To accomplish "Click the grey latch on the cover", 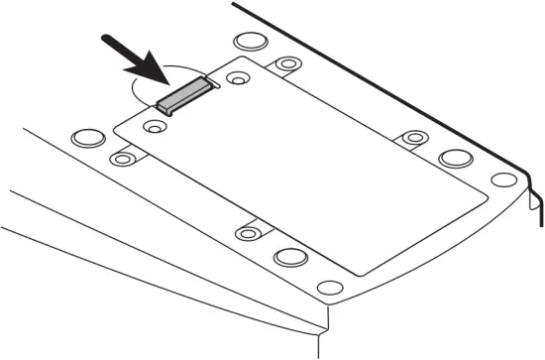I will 185,95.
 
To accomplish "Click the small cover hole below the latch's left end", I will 153,127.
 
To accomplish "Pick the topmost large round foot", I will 249,45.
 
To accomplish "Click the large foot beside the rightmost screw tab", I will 455,159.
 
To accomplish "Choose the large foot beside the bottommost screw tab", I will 291,257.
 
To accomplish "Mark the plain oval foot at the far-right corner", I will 503,180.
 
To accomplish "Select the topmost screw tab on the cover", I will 287,65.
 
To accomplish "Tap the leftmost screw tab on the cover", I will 123,158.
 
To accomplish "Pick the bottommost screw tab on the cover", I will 248,233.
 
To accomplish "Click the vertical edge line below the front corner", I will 319,343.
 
